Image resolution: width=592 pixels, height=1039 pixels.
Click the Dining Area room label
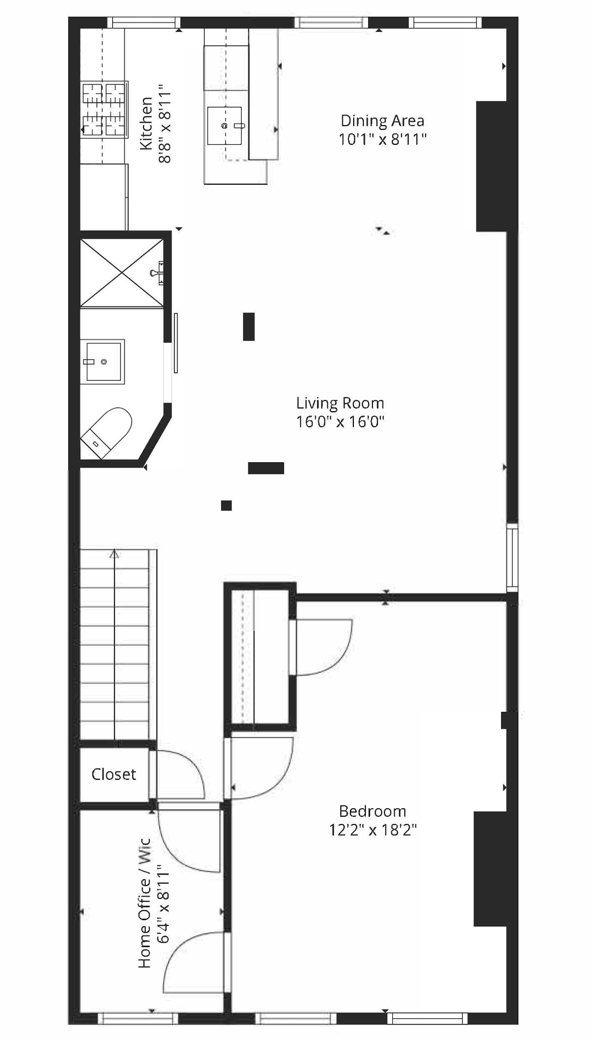382,120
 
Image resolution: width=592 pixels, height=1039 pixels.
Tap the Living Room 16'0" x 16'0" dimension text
340,422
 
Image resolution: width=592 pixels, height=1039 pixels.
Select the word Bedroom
373,811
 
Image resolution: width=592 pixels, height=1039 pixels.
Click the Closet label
114,774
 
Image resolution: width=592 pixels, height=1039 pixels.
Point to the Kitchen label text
146,124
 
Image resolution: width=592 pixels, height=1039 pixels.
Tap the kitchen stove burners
104,110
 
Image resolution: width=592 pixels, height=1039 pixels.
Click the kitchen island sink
224,126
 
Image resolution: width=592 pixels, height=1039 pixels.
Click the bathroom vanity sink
103,361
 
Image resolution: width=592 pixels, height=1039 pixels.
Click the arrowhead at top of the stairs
114,554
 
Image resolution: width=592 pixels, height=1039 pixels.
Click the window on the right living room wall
513,558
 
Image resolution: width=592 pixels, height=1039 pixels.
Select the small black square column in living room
226,506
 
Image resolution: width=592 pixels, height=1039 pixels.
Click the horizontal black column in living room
266,468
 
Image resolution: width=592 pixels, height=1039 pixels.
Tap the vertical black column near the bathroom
248,327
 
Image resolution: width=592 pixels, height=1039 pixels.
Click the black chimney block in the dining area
491,166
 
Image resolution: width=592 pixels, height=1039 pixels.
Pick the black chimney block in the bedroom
490,869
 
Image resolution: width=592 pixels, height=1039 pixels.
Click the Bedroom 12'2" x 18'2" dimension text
373,830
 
